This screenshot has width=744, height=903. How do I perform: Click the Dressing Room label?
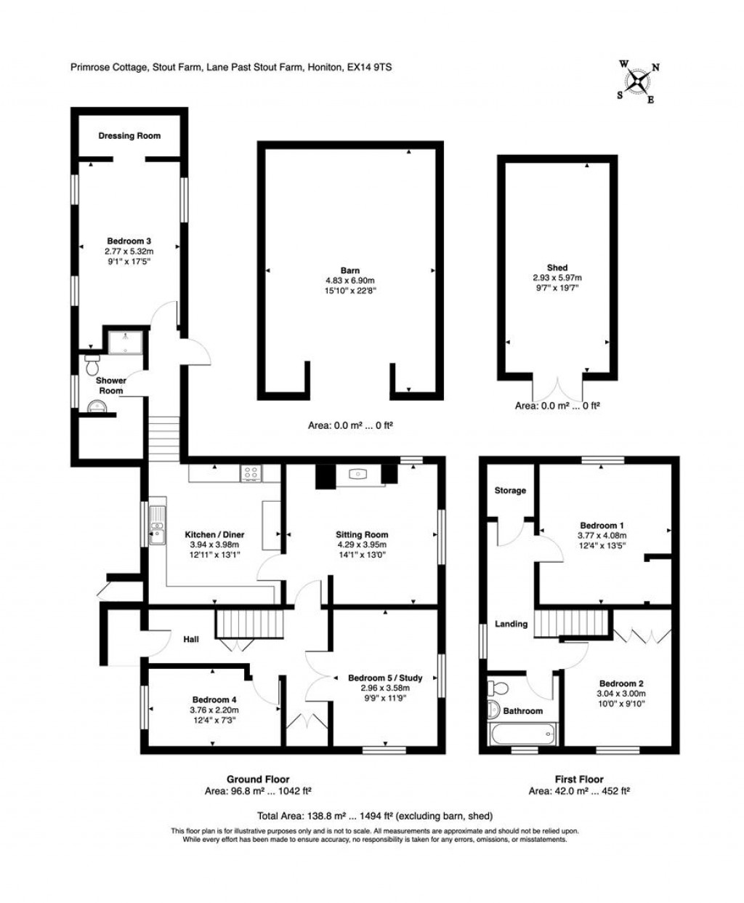[129, 136]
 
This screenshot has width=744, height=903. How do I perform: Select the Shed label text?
[557, 268]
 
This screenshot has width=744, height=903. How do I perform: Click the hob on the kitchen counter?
[251, 474]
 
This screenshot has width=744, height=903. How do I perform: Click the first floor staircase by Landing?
[570, 622]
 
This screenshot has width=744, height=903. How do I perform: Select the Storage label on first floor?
[510, 491]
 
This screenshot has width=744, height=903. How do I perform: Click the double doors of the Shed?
[558, 388]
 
